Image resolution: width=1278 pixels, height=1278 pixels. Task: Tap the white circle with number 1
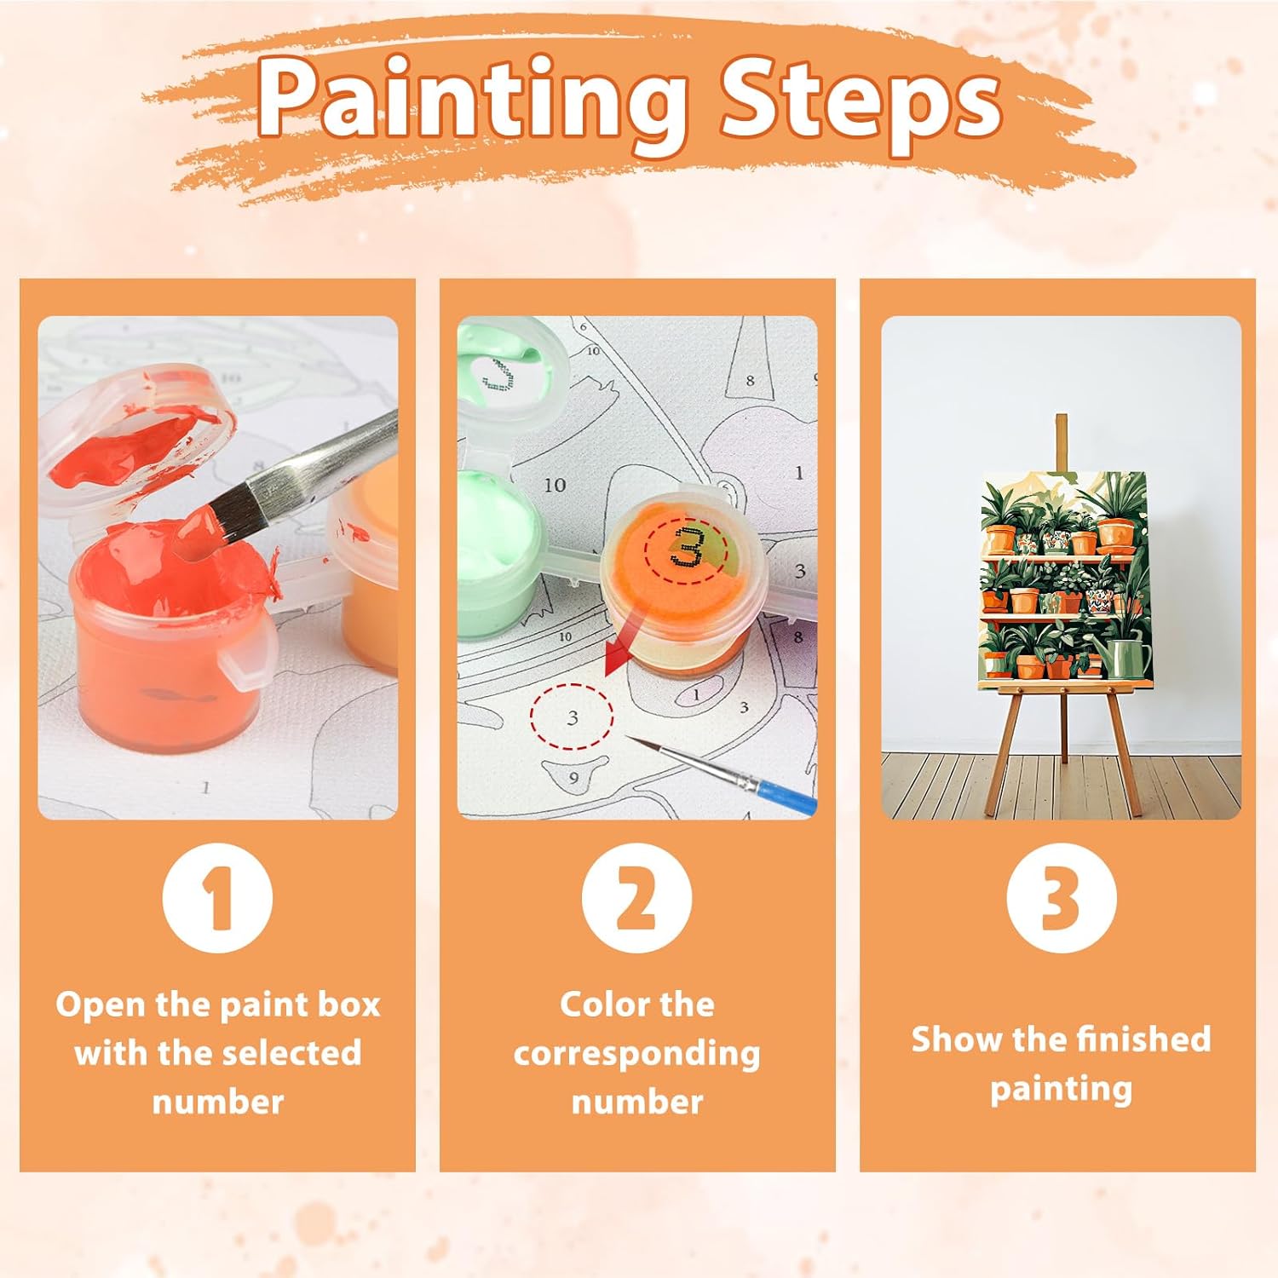tap(217, 898)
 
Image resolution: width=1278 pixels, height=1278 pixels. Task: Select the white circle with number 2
tap(637, 898)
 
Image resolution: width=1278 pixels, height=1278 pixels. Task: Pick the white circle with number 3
tap(1061, 898)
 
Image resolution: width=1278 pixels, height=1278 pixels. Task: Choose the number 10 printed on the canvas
tap(555, 486)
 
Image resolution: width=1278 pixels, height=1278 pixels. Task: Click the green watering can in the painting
tap(1126, 655)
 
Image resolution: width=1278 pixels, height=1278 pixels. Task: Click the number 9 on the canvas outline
tap(573, 778)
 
